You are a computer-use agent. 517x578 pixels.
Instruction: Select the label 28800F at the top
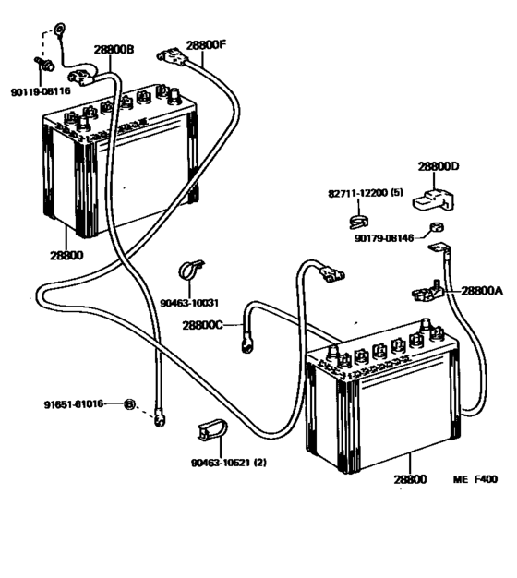click(x=206, y=43)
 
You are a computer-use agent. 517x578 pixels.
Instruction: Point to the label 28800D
click(x=439, y=167)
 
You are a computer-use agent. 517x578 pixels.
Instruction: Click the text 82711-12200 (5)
click(x=365, y=193)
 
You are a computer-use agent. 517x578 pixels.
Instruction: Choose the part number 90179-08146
click(x=386, y=237)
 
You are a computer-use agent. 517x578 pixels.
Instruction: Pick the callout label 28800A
click(x=482, y=289)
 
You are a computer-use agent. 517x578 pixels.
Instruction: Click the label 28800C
click(x=203, y=324)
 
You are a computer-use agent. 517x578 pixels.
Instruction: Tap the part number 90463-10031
click(x=188, y=302)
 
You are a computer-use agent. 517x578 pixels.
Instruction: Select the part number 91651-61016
click(x=74, y=404)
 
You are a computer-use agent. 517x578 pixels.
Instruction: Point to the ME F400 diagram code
click(x=475, y=479)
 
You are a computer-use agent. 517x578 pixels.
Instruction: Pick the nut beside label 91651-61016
click(x=129, y=404)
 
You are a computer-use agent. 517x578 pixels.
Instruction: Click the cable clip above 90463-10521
click(x=210, y=431)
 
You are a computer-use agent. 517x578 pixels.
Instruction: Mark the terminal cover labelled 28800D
click(x=434, y=196)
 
